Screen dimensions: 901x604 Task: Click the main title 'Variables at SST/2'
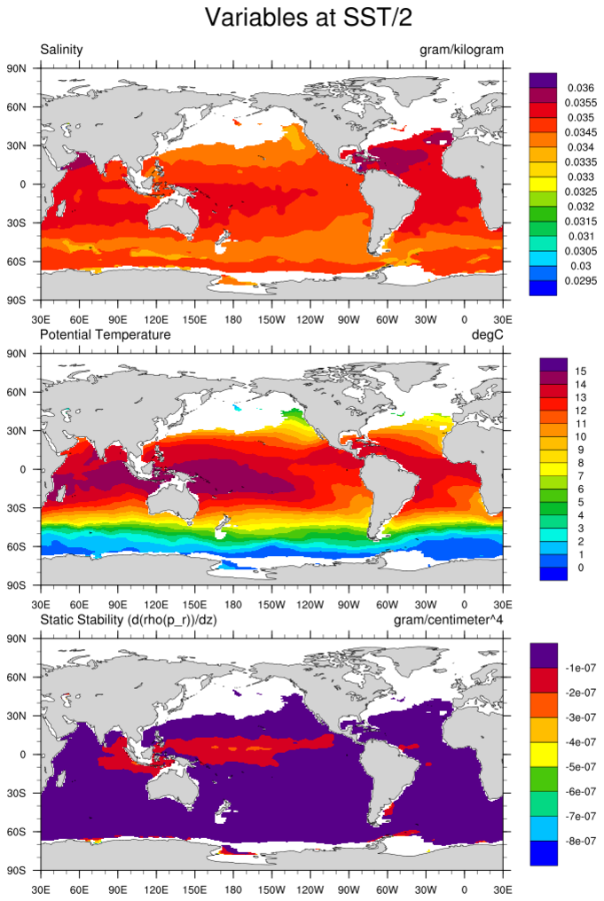coord(302,17)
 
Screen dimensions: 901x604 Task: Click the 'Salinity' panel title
coord(61,50)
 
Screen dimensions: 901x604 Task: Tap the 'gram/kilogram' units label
coord(461,50)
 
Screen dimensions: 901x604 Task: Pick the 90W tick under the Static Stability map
coord(349,887)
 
